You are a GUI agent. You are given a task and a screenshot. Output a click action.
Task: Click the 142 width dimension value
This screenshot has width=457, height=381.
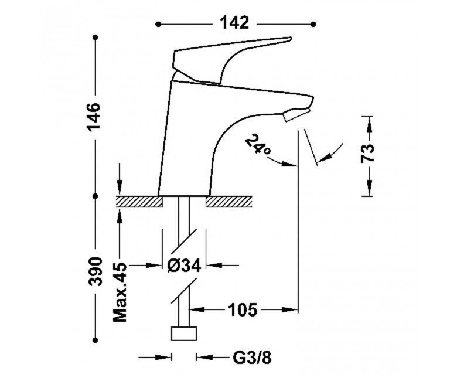pyautogui.click(x=234, y=23)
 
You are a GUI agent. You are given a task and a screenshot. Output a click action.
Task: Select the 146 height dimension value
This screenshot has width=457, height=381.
pyautogui.click(x=94, y=117)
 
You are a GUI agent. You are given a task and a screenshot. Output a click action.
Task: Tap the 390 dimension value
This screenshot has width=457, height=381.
pyautogui.click(x=96, y=272)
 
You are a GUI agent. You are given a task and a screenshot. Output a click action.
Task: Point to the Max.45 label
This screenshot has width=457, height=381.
pyautogui.click(x=120, y=292)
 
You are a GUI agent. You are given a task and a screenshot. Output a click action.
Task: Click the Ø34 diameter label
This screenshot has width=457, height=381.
pyautogui.click(x=184, y=266)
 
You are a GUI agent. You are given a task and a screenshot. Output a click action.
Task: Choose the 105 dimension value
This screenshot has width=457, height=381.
pyautogui.click(x=243, y=309)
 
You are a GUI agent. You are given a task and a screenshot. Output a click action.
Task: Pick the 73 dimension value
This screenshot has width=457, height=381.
pyautogui.click(x=367, y=154)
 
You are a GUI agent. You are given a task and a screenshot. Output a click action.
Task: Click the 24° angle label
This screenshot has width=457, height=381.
pyautogui.click(x=258, y=144)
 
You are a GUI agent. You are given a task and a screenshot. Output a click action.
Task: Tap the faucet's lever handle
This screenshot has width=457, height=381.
pyautogui.click(x=230, y=60)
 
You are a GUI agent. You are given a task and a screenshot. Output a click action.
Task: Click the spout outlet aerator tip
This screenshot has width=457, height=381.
pyautogui.click(x=296, y=114)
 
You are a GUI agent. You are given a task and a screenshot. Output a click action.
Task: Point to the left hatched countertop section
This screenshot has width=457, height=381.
pyautogui.click(x=139, y=202)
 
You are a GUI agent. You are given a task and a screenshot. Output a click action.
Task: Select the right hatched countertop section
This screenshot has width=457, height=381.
pyautogui.click(x=228, y=202)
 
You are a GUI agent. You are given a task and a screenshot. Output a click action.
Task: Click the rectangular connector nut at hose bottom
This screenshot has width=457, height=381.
pyautogui.click(x=184, y=334)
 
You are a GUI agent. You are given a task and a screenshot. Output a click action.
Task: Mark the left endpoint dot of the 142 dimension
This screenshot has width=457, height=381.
pyautogui.click(x=158, y=24)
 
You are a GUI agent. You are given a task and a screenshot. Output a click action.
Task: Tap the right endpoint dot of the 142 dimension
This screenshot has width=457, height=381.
pyautogui.click(x=313, y=24)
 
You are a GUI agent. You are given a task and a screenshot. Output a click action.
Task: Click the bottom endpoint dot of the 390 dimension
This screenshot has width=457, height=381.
pyautogui.click(x=95, y=339)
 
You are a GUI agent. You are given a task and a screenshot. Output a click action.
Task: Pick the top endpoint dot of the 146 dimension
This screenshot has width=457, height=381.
pyautogui.click(x=95, y=38)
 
